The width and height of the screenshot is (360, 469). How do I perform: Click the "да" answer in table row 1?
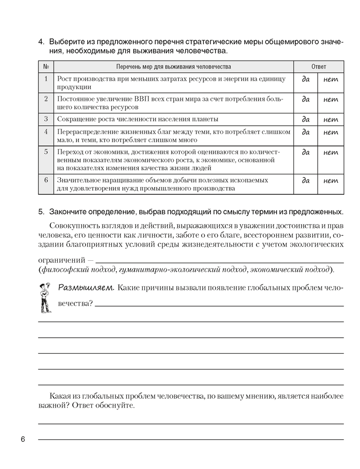tap(306, 80)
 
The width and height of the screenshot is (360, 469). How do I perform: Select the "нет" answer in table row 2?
tap(331, 99)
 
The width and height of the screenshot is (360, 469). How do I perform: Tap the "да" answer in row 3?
tap(306, 120)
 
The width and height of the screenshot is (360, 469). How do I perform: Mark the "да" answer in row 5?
tap(306, 152)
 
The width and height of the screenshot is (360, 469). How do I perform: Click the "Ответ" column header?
tap(318, 67)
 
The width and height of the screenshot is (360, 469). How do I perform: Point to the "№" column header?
tap(46, 67)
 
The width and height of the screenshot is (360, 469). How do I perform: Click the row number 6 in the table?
tap(46, 180)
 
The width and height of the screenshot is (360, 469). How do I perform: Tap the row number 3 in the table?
tap(46, 119)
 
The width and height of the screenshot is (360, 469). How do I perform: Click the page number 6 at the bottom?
tap(22, 439)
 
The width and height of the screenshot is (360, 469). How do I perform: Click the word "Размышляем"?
tap(86, 287)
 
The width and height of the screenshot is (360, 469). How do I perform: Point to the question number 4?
tap(41, 42)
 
